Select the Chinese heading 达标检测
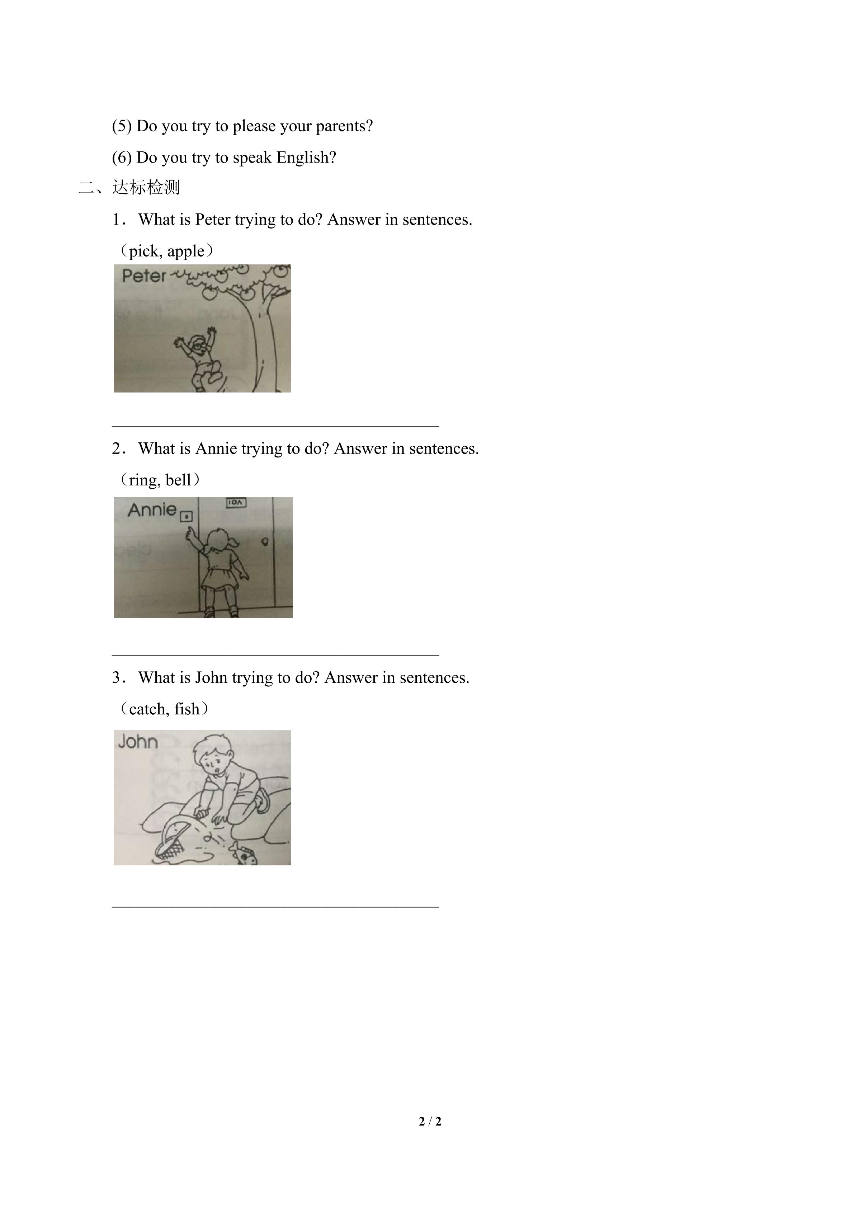coord(146,187)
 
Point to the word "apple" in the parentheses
coord(186,252)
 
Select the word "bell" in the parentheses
coord(178,480)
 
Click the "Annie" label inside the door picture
coord(152,510)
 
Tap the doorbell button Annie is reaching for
coord(187,517)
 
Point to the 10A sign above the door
coord(236,502)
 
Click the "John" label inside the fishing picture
coord(138,742)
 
